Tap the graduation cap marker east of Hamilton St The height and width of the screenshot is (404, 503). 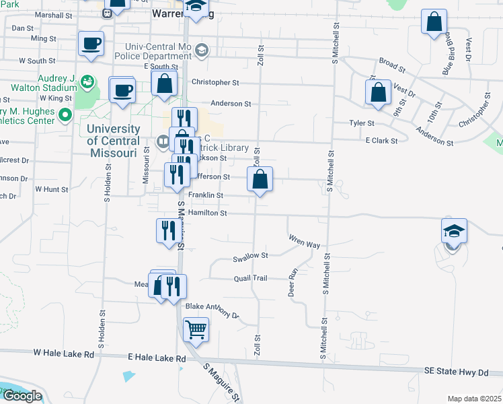[x=454, y=232]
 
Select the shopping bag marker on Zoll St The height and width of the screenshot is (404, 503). [x=260, y=180]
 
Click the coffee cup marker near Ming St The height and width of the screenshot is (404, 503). [x=91, y=45]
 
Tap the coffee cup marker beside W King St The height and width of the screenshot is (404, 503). [x=122, y=91]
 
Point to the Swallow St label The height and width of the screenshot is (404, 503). [x=250, y=256]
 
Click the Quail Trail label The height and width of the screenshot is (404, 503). [x=251, y=278]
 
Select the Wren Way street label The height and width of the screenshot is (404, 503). [x=304, y=241]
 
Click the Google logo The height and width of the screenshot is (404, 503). [x=22, y=396]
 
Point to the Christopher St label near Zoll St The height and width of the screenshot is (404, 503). [x=215, y=82]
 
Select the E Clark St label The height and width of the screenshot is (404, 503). [x=381, y=141]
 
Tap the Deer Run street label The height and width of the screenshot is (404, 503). [x=293, y=283]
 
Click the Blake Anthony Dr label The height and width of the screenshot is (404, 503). [x=212, y=310]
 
